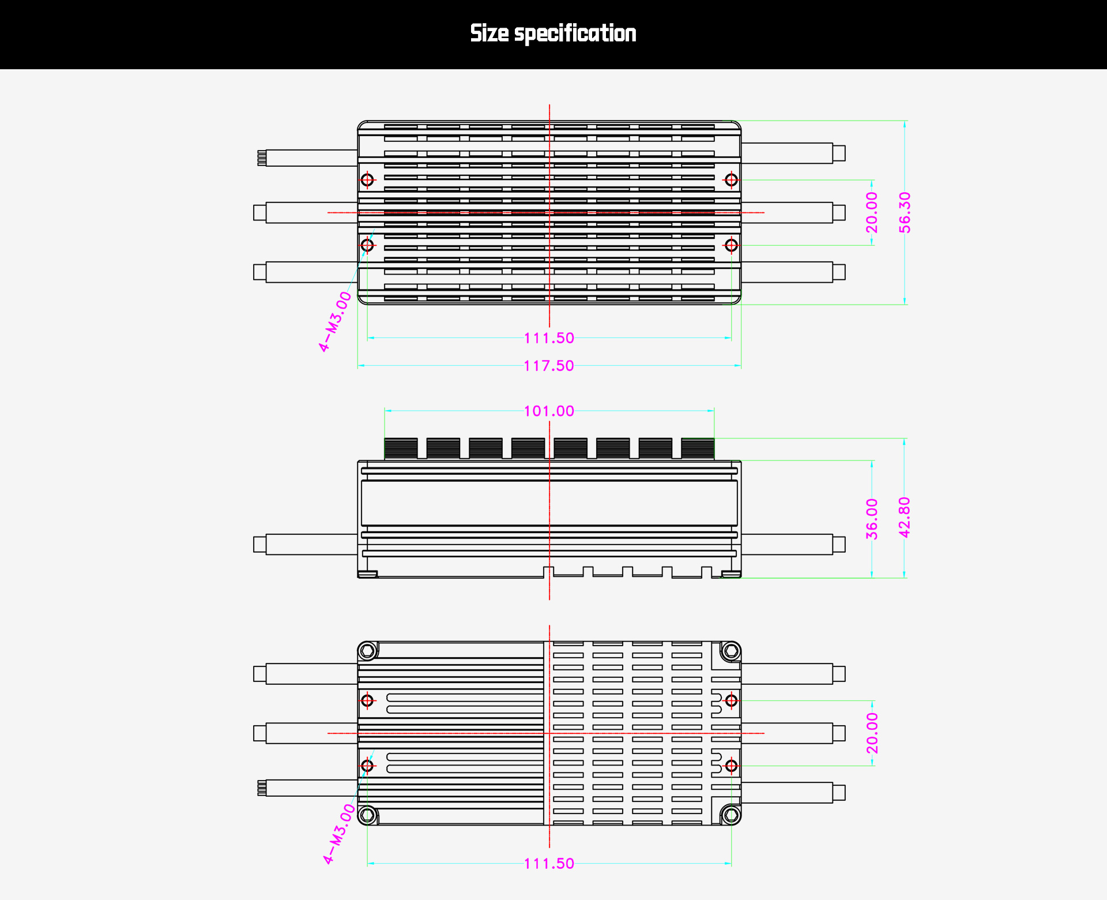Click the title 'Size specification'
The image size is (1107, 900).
point(553,33)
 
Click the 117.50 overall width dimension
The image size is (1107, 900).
point(549,366)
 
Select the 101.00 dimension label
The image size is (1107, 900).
point(549,411)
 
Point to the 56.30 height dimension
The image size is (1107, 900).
point(905,212)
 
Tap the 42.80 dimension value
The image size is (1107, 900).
point(905,517)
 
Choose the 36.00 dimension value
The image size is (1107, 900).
point(872,519)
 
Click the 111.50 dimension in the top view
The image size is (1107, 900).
point(549,338)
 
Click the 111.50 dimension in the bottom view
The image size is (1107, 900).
point(549,864)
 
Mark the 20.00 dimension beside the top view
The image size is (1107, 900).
point(872,212)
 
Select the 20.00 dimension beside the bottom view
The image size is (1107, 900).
point(872,733)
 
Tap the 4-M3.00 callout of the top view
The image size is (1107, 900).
point(335,321)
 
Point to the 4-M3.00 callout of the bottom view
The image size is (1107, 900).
point(340,834)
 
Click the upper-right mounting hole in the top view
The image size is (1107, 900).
point(731,180)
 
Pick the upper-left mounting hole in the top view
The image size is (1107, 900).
point(367,180)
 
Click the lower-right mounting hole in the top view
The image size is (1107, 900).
point(731,245)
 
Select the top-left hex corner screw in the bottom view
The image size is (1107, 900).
point(367,651)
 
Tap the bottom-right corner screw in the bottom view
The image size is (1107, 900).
point(731,815)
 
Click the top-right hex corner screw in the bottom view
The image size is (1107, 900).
point(731,651)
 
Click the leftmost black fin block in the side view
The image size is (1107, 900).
point(401,448)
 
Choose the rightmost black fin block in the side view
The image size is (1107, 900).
point(698,448)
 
